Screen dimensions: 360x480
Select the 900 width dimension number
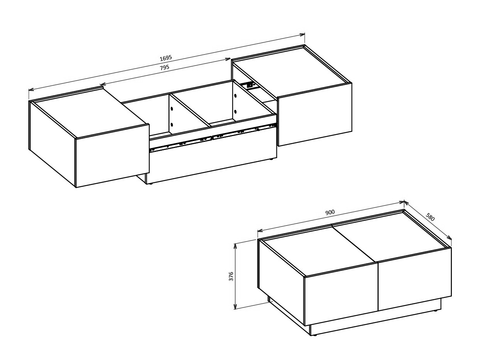(x=330, y=212)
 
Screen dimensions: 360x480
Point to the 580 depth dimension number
(x=430, y=217)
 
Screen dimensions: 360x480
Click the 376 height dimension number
(x=231, y=276)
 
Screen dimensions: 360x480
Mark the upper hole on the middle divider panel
(x=172, y=109)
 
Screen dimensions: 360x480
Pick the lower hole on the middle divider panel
(x=172, y=124)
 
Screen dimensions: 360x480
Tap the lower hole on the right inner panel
(x=235, y=112)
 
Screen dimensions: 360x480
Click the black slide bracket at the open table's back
(x=249, y=84)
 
